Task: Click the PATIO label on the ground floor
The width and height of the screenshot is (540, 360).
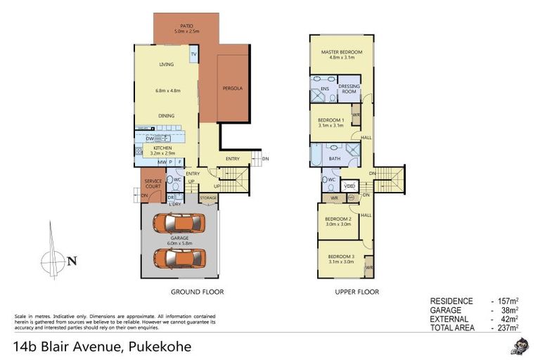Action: pyautogui.click(x=186, y=25)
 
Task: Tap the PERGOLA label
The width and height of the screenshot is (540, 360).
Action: pyautogui.click(x=232, y=89)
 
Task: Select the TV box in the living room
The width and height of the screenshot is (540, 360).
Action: pyautogui.click(x=193, y=54)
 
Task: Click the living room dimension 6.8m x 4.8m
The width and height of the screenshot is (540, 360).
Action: pyautogui.click(x=166, y=90)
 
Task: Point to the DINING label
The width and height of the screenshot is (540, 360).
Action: pyautogui.click(x=166, y=116)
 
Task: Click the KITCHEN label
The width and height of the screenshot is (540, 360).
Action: pyautogui.click(x=163, y=148)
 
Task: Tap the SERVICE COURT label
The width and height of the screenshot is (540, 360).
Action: pyautogui.click(x=153, y=184)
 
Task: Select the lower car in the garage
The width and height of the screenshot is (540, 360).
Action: pyautogui.click(x=183, y=259)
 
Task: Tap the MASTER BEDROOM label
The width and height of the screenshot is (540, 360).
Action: pyautogui.click(x=341, y=53)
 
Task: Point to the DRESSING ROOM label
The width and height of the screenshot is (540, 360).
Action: pyautogui.click(x=349, y=89)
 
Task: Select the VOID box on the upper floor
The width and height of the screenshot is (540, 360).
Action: pyautogui.click(x=349, y=186)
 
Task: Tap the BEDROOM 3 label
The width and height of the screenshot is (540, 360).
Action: pyautogui.click(x=340, y=257)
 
